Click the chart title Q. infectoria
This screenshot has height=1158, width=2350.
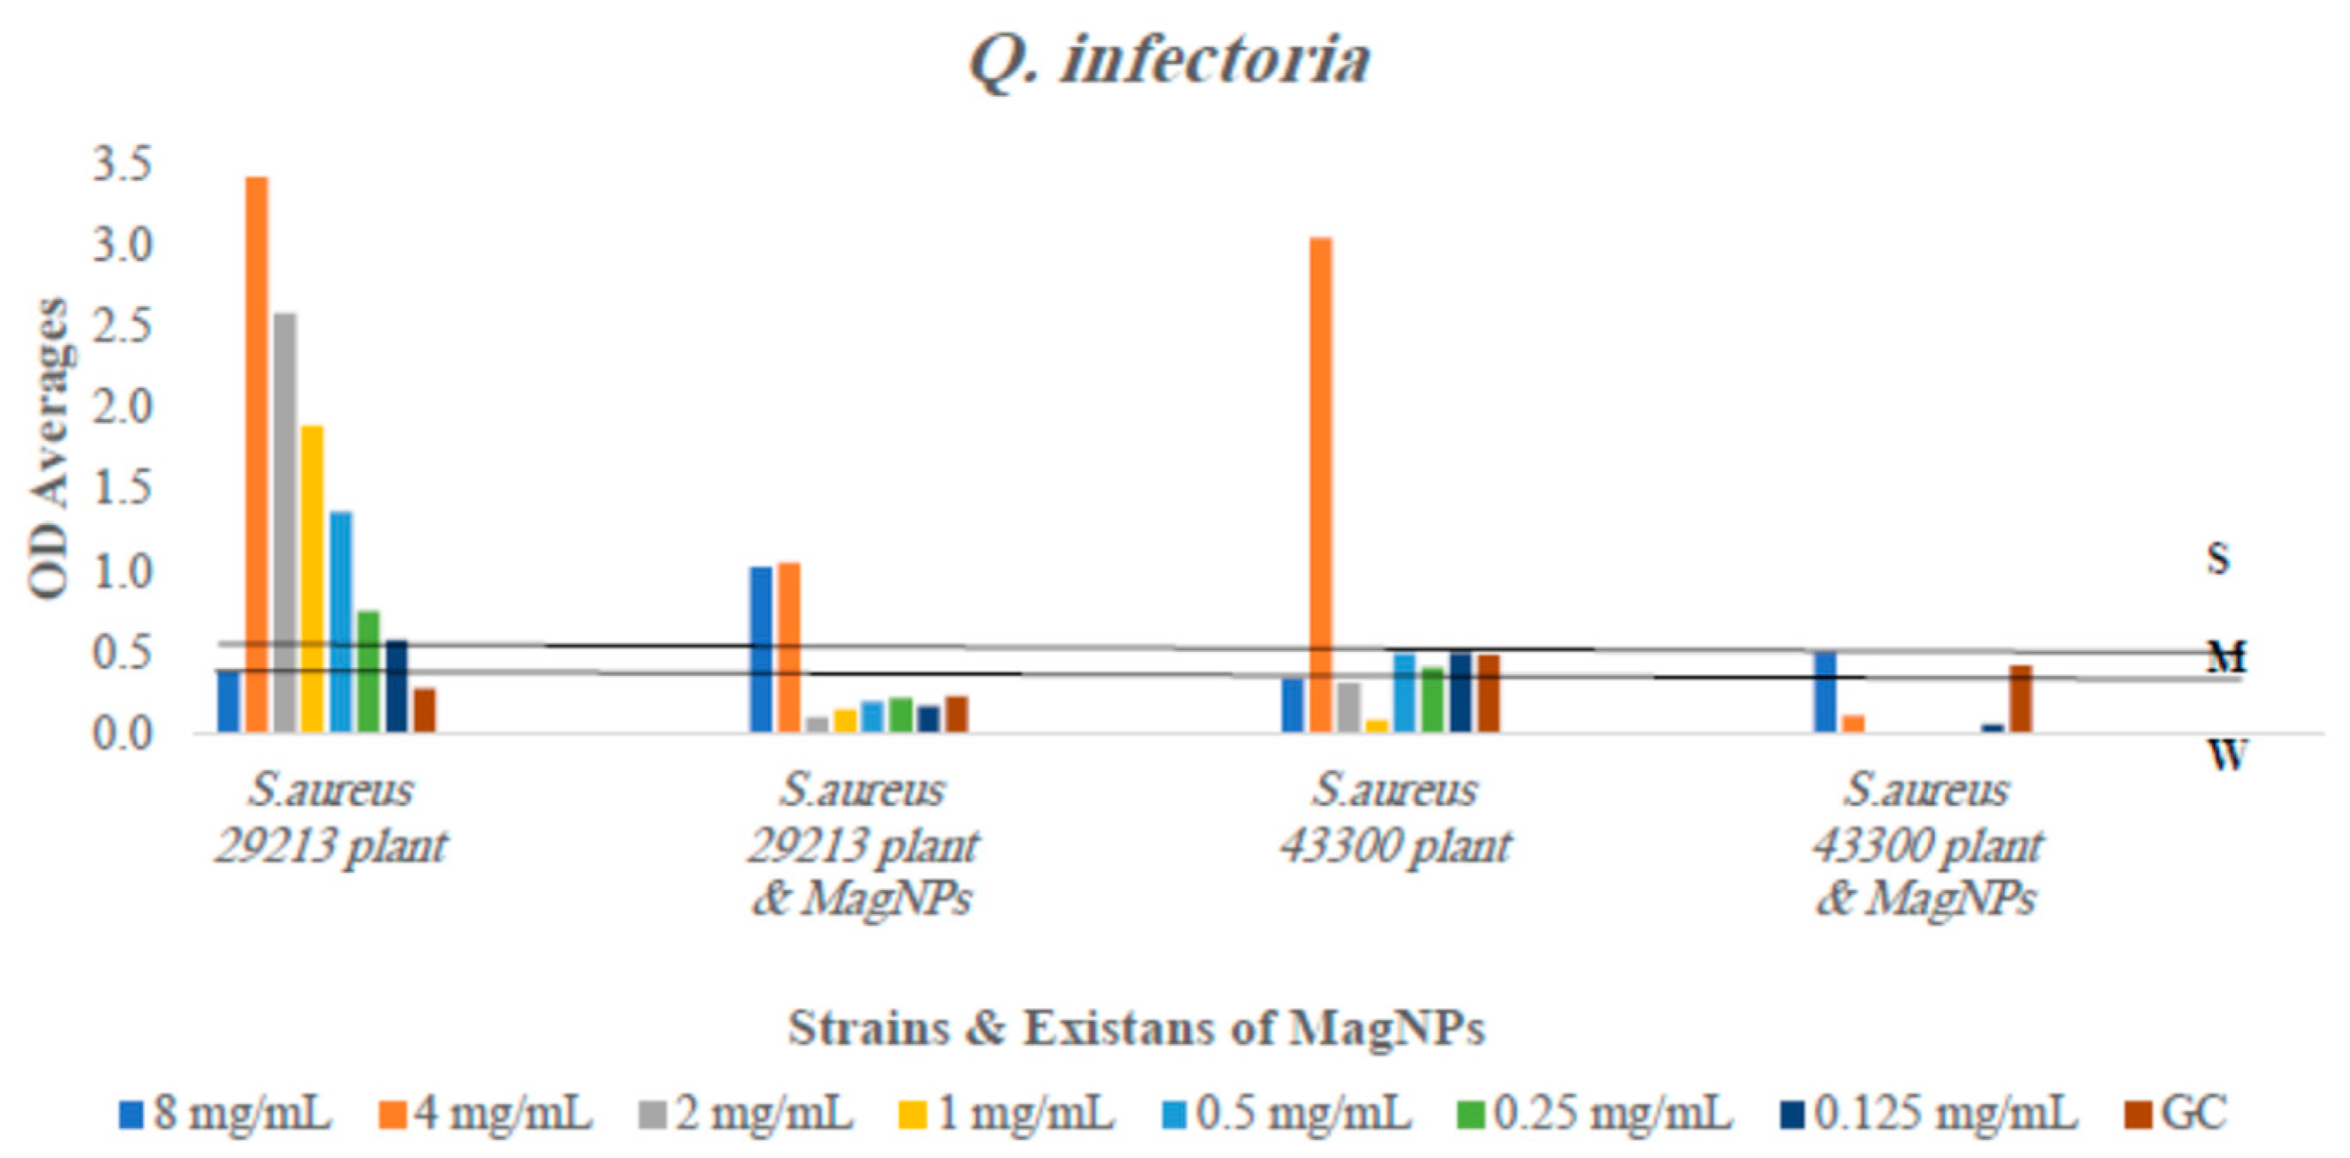coord(1169,60)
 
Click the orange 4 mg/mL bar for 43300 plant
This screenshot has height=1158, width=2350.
coord(1320,484)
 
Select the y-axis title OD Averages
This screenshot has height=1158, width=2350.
coord(50,448)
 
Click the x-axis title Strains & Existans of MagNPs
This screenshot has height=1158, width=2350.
coord(1137,1029)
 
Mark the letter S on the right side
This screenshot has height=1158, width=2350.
coord(2217,558)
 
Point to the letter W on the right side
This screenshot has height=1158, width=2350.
coord(2226,755)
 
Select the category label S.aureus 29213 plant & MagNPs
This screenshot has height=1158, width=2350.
coord(862,845)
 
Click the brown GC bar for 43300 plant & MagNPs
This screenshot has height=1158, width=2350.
coord(2020,698)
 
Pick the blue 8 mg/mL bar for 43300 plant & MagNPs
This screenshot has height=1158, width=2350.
coord(1824,692)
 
